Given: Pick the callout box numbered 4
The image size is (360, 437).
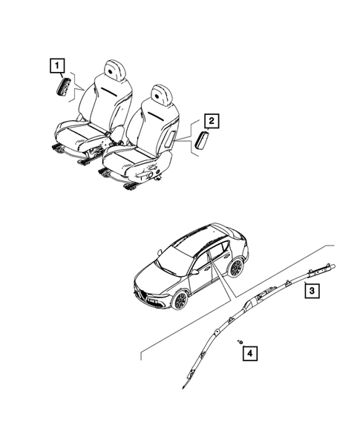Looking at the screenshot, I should coord(252,353).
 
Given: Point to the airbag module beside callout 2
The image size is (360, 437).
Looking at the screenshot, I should coord(203,140).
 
